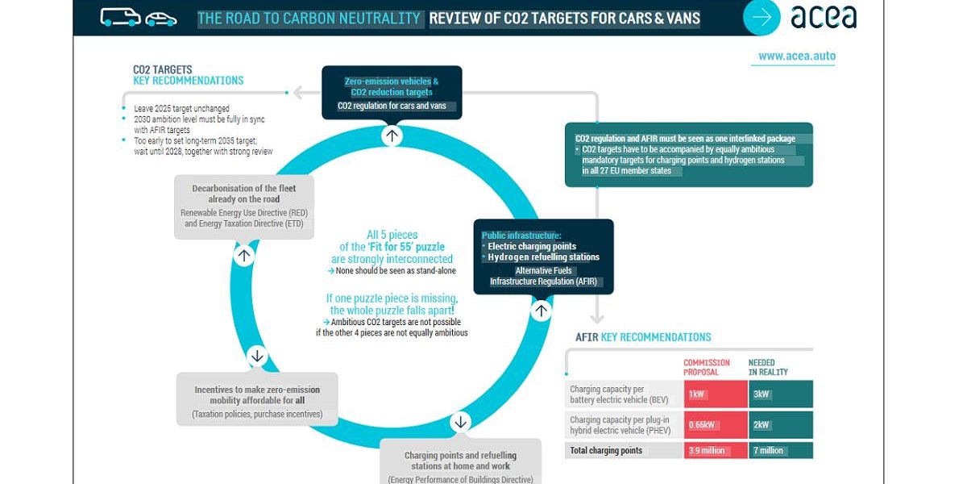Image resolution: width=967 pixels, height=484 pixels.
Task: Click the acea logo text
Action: tap(824, 17)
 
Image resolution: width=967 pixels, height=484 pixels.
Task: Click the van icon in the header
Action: tap(121, 17)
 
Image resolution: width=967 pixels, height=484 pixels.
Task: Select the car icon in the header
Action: tap(161, 18)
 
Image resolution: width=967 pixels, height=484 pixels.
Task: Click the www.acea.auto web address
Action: tap(796, 56)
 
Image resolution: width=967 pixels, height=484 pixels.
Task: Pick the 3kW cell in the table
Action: tap(779, 394)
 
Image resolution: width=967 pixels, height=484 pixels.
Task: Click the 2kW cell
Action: tap(779, 424)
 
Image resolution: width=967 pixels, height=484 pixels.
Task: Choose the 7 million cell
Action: tap(779, 450)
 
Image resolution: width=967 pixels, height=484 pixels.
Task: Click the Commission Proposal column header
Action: tap(707, 368)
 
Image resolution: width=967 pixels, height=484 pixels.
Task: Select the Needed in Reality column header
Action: tap(768, 368)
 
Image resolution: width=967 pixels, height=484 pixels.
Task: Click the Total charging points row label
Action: tap(606, 450)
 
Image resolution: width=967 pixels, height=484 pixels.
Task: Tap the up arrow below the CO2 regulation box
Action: tap(392, 135)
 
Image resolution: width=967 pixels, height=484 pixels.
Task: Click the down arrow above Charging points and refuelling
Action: tap(460, 422)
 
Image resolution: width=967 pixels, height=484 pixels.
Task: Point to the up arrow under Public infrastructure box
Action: tap(542, 310)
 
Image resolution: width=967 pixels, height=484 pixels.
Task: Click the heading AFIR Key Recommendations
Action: tap(643, 337)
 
